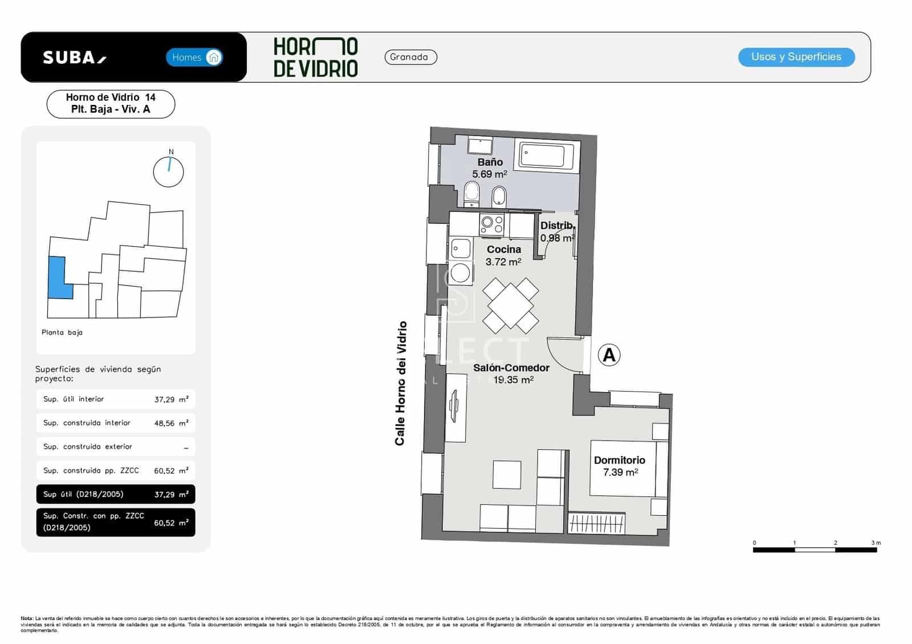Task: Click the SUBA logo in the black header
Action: coord(74,58)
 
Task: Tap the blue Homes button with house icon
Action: coord(194,57)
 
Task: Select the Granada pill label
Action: coord(410,57)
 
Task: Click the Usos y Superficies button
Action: coord(796,57)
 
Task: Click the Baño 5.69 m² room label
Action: coord(490,168)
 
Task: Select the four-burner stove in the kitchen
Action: coord(491,225)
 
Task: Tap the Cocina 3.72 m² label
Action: coord(503,255)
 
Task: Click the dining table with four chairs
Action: coord(511,306)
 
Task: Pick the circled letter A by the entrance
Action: coord(609,355)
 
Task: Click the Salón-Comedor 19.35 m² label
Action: coord(511,374)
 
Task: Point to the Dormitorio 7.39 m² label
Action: coord(620,466)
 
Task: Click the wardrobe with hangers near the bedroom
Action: coord(597,523)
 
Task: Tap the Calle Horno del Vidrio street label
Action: coord(401,383)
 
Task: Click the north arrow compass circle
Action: coord(169,171)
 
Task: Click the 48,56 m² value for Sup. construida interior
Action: coord(171,423)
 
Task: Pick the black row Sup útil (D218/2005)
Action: coord(115,494)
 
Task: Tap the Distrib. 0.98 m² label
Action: coord(557,231)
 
